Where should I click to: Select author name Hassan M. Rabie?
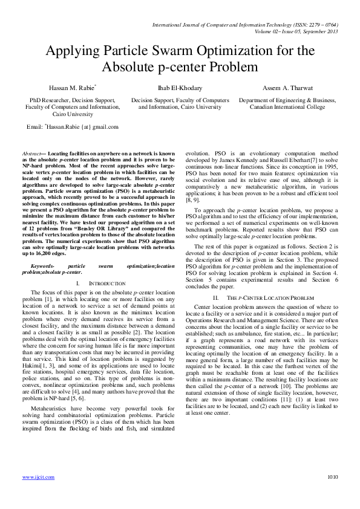(64, 88)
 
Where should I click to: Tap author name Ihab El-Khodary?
(180, 88)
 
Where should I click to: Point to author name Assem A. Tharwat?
(288, 88)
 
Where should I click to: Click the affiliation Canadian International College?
(287, 107)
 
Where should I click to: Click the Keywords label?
(43, 265)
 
